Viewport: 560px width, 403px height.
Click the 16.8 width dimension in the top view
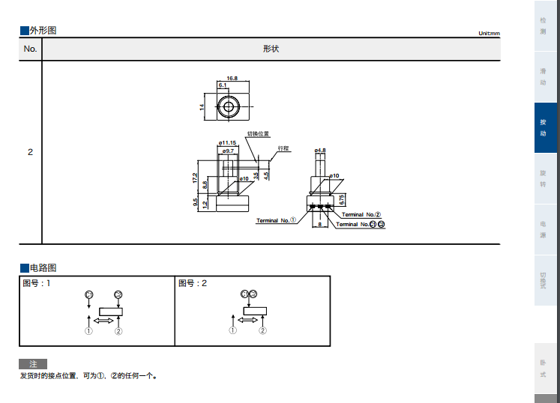(x=232, y=78)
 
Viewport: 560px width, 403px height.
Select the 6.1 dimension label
(x=223, y=85)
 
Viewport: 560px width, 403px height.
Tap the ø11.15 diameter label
(x=227, y=142)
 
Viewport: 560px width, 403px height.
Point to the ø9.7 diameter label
(x=227, y=151)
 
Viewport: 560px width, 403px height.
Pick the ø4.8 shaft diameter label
(x=320, y=151)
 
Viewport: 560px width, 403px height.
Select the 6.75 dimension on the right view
(x=342, y=199)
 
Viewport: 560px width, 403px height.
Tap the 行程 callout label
(x=283, y=148)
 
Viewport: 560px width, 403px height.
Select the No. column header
(x=30, y=49)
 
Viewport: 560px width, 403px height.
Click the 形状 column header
(x=271, y=49)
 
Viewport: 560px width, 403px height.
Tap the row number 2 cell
(x=30, y=152)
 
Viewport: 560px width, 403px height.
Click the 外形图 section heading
(x=42, y=31)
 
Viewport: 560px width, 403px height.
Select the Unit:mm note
(x=489, y=33)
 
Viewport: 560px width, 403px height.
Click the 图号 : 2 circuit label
(x=193, y=283)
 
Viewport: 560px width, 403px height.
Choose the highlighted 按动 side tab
(x=543, y=127)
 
